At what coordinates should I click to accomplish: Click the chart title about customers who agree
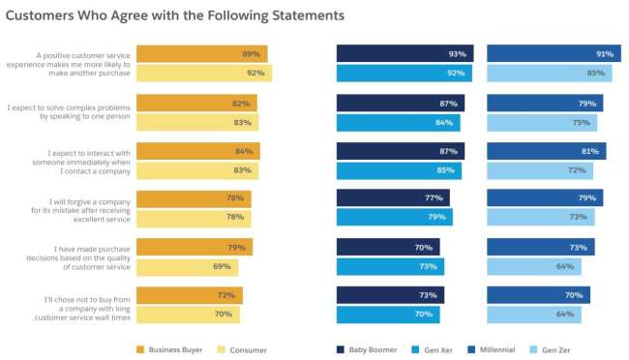(x=174, y=17)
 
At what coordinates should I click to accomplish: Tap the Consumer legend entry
(x=242, y=349)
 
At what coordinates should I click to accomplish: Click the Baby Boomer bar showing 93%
(x=404, y=54)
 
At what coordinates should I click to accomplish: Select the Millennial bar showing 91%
(x=553, y=54)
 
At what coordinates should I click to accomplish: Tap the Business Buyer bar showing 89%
(x=201, y=54)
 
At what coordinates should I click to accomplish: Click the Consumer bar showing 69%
(x=184, y=266)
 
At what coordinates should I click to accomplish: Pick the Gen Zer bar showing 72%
(x=539, y=170)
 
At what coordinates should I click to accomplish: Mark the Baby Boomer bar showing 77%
(x=392, y=198)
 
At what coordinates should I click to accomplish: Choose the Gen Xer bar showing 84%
(x=398, y=122)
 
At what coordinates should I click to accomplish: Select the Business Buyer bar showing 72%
(x=189, y=295)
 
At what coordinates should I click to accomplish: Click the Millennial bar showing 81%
(x=546, y=151)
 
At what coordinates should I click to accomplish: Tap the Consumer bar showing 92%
(x=203, y=73)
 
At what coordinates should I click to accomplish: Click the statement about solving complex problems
(x=68, y=111)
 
